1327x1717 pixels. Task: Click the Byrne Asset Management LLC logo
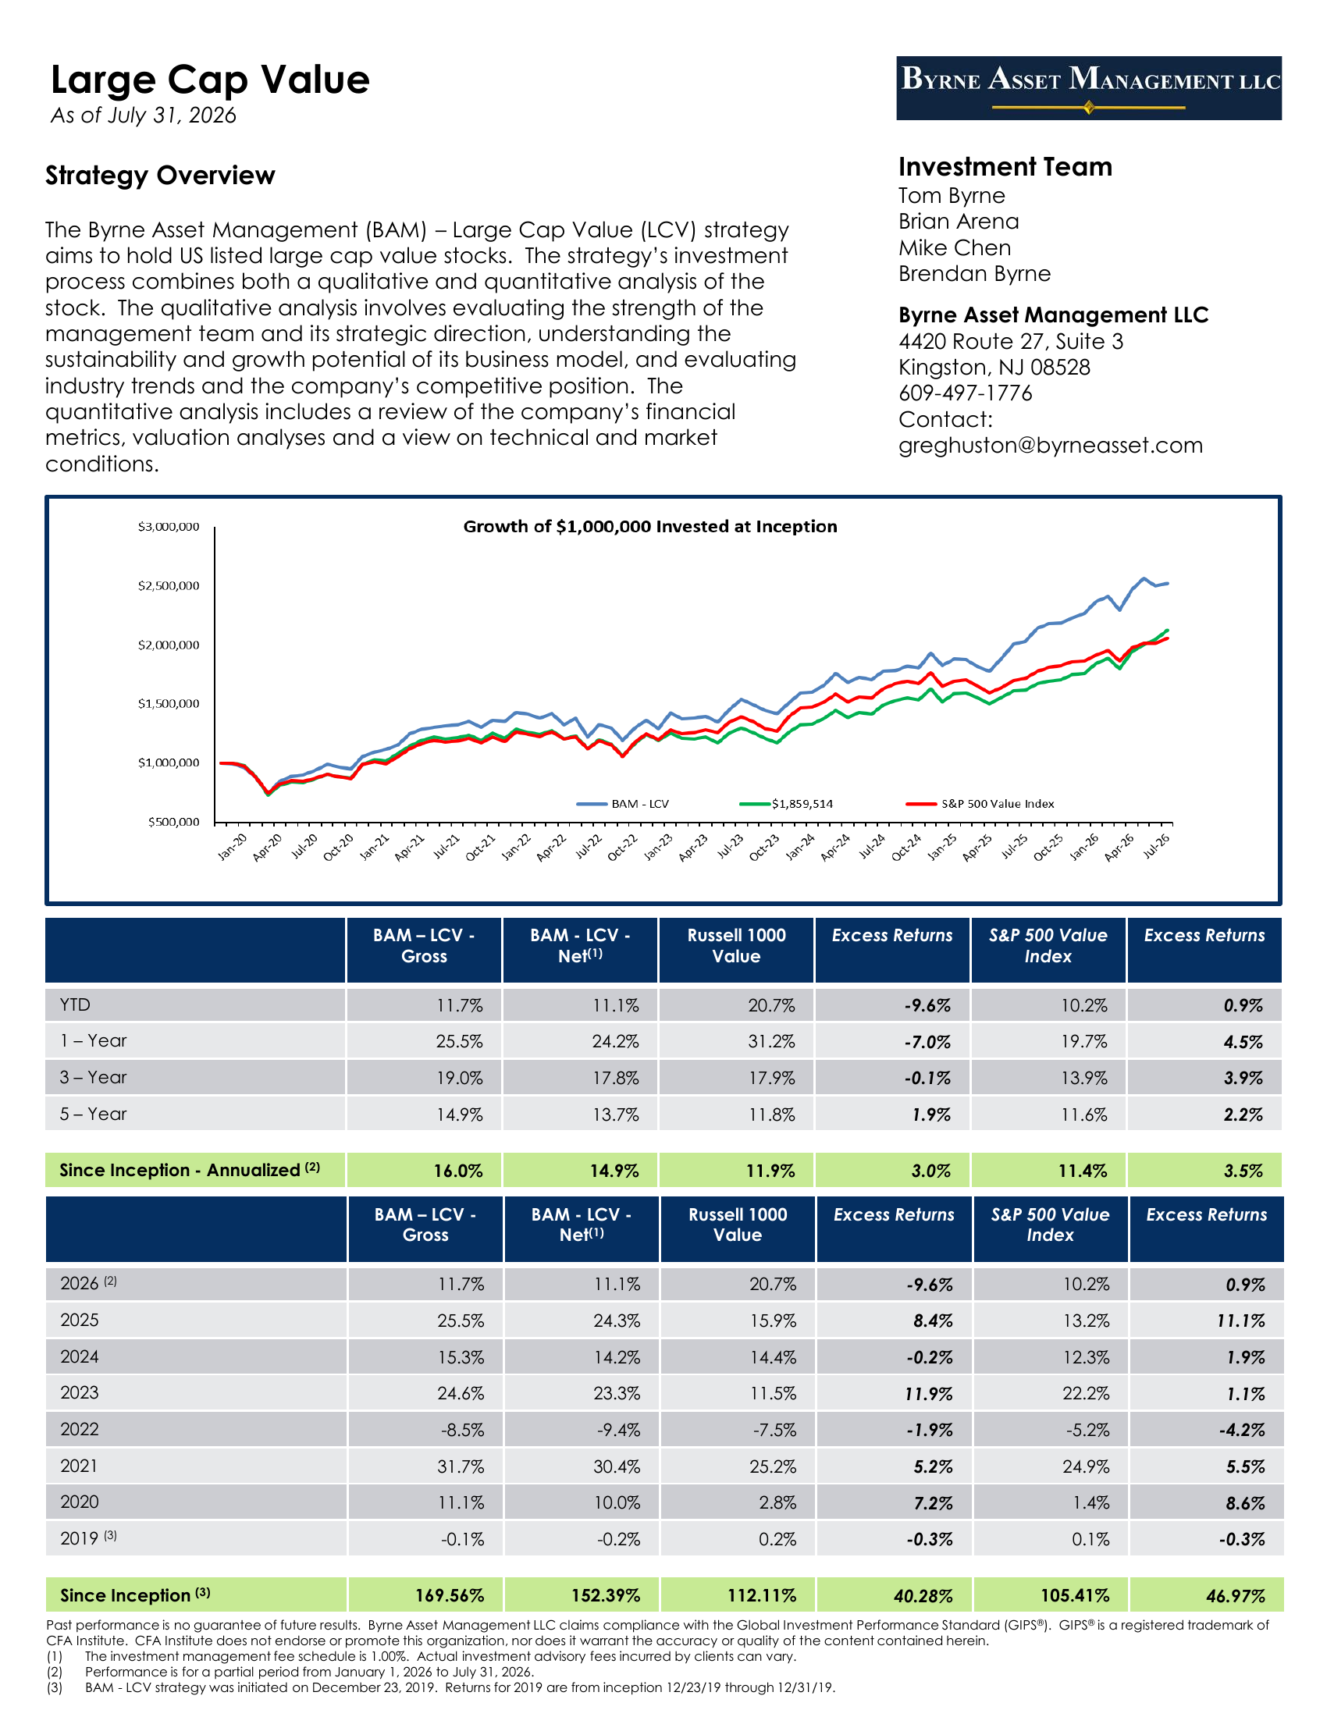tap(1089, 88)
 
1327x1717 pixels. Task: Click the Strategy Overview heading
tap(160, 176)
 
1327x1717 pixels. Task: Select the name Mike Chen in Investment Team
tap(955, 247)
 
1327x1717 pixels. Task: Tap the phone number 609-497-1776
tap(966, 393)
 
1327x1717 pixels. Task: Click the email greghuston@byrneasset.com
tap(1050, 446)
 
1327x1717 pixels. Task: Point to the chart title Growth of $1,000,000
tap(650, 527)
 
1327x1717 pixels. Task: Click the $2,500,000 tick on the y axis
tap(169, 585)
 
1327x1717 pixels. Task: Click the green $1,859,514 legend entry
tap(786, 803)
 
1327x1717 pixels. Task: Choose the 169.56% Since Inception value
tap(450, 1596)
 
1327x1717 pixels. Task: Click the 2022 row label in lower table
tap(80, 1429)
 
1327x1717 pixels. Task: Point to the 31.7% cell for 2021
tap(461, 1467)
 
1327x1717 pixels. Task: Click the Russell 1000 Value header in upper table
tap(737, 946)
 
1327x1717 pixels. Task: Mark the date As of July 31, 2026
tap(143, 116)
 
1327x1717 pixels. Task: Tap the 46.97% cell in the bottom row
tap(1236, 1596)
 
